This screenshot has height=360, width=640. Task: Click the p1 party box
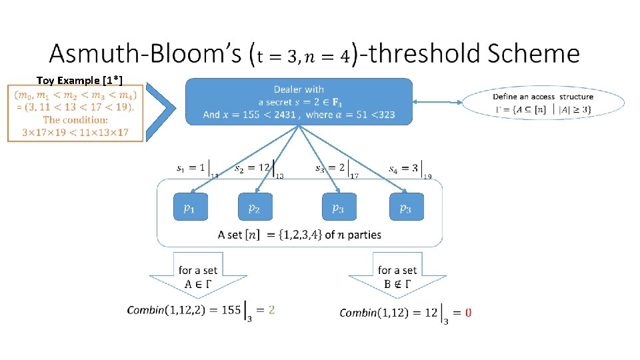[191, 207]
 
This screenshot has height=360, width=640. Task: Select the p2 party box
[255, 207]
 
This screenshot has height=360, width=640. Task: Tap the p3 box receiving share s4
[407, 207]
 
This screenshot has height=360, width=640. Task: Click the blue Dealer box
[299, 101]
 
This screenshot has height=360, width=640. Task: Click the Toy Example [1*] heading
[79, 80]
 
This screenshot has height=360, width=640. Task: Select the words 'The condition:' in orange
[75, 119]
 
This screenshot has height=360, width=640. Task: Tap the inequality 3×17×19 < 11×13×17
[75, 132]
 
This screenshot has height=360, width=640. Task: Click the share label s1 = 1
[191, 168]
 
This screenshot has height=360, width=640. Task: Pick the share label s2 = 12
[252, 168]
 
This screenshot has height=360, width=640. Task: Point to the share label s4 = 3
[403, 169]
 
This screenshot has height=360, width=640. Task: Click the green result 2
[271, 310]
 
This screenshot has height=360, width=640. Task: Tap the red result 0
[468, 313]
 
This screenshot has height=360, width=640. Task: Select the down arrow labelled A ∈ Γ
[198, 275]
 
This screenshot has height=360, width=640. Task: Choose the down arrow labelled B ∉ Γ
[397, 275]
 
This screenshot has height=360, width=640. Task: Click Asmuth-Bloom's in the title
[146, 53]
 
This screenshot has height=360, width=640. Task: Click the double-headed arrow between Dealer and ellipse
[437, 102]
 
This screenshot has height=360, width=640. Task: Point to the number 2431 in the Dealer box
[285, 115]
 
